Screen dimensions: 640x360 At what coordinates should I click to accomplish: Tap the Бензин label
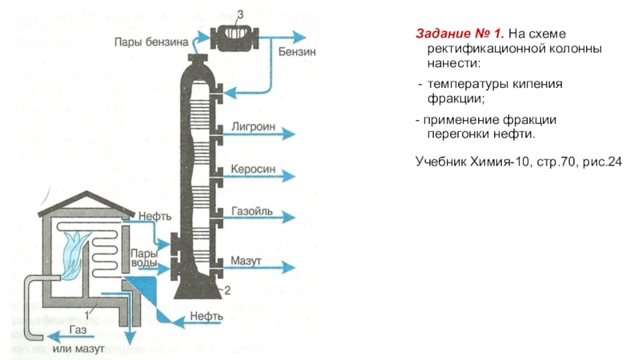(x=297, y=52)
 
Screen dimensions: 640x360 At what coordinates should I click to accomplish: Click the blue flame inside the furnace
(x=78, y=243)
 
